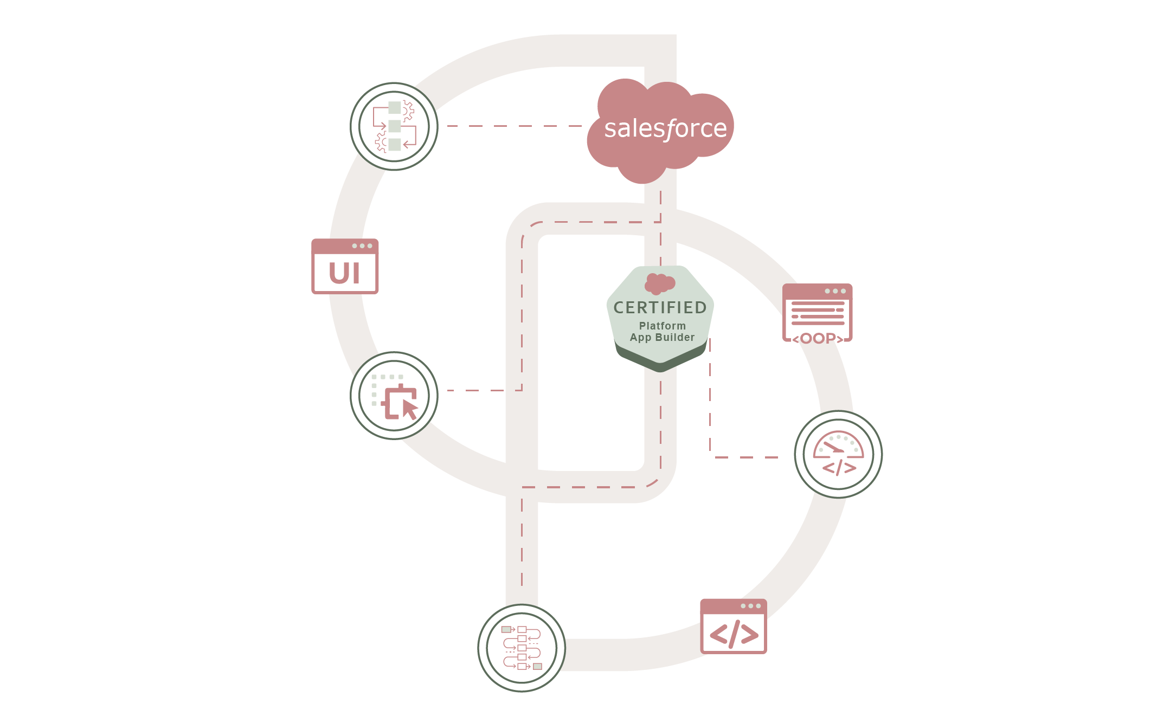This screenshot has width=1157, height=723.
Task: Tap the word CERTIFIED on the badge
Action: click(x=660, y=308)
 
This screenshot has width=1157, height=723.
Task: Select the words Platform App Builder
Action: click(x=662, y=332)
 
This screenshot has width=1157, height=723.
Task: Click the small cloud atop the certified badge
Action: click(x=659, y=283)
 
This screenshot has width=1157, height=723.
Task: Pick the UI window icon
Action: click(x=345, y=267)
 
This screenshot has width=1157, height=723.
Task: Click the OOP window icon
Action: click(x=818, y=313)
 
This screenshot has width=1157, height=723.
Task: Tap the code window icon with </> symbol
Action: click(x=734, y=627)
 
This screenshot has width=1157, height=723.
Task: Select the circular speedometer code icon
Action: click(x=838, y=454)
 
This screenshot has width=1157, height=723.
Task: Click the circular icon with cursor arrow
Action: click(x=394, y=396)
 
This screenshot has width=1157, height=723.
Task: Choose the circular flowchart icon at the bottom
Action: click(x=522, y=648)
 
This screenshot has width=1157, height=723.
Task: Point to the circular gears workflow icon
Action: click(x=394, y=126)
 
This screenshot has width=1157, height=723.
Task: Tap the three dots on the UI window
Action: click(x=362, y=246)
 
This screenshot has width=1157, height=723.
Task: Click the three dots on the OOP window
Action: click(x=835, y=291)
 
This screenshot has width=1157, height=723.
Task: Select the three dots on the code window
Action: click(x=751, y=606)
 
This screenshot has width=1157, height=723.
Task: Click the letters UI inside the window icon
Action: click(x=344, y=273)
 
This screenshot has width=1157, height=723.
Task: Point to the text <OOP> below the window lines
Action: click(x=818, y=339)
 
